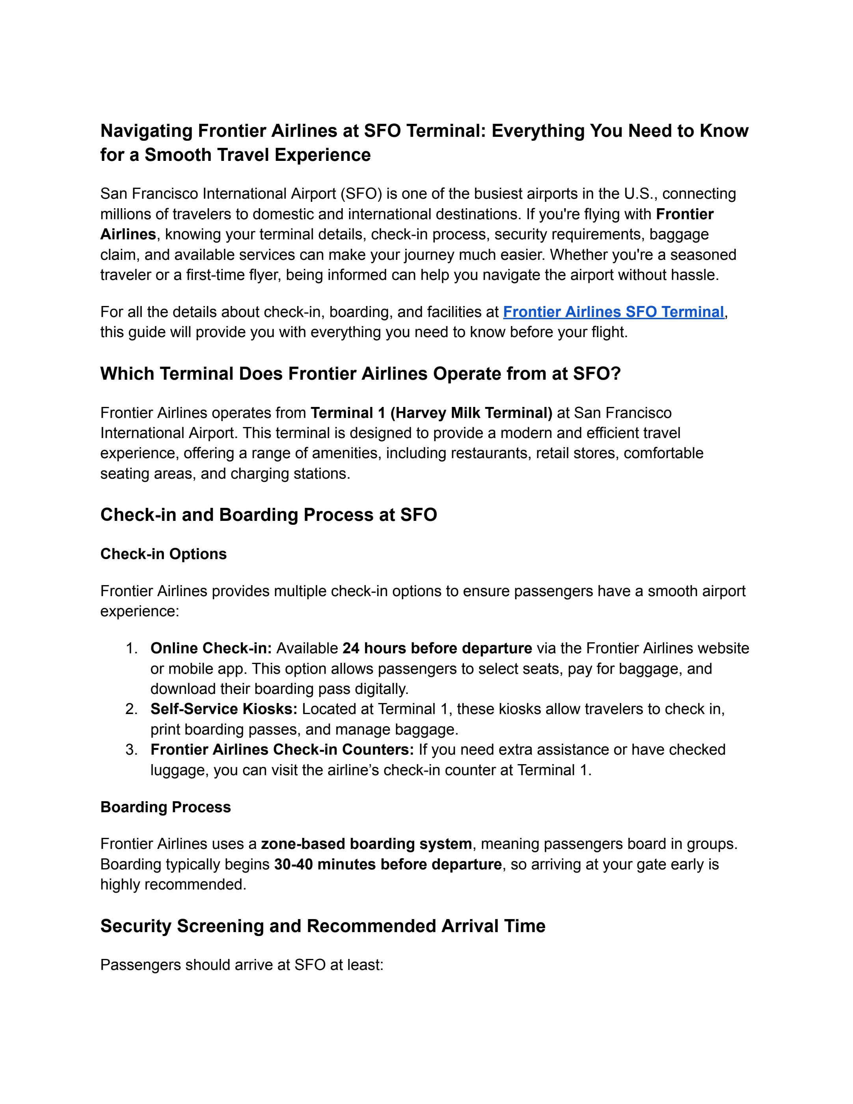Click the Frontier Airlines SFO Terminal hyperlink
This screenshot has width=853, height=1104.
(x=613, y=312)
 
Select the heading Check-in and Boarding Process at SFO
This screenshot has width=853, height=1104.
(x=268, y=515)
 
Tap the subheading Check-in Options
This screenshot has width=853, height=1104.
(x=163, y=554)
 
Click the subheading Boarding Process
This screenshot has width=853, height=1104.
(x=165, y=807)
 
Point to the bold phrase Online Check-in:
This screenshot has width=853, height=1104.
(x=211, y=648)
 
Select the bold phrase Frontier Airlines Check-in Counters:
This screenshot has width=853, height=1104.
(x=282, y=749)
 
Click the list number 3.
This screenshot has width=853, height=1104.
(x=131, y=749)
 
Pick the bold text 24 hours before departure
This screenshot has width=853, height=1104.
(x=437, y=648)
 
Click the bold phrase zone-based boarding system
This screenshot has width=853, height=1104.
(x=366, y=844)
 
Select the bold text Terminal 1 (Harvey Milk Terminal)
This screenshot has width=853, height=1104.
(x=431, y=413)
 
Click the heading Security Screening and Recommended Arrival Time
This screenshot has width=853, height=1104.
(x=322, y=926)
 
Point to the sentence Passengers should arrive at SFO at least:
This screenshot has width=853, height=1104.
(x=242, y=965)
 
